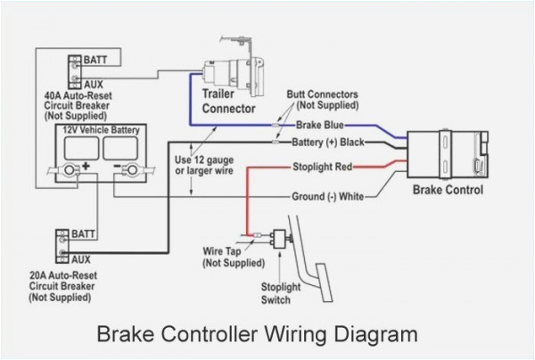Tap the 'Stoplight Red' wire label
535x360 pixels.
[x=322, y=166]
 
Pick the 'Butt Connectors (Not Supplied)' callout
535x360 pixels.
[x=324, y=98]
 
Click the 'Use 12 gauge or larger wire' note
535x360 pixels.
[x=211, y=167]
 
